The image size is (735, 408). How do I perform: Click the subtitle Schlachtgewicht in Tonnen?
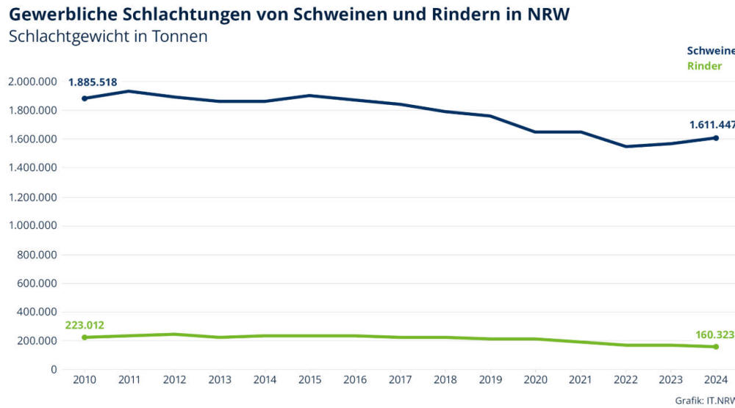(x=108, y=37)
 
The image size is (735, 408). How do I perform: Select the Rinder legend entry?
(x=704, y=66)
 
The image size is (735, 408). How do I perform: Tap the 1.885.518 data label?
(x=93, y=82)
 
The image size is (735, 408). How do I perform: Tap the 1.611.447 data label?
(x=711, y=125)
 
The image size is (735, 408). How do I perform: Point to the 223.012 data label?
(x=85, y=325)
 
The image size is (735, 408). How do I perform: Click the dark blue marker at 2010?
(x=85, y=98)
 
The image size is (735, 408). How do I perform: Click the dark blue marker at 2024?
(x=716, y=138)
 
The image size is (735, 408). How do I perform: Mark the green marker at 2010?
(x=85, y=338)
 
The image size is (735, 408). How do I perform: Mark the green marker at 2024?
(x=716, y=346)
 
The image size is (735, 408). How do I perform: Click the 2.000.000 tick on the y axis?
(x=32, y=82)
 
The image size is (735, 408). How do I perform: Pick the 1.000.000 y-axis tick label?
(x=32, y=226)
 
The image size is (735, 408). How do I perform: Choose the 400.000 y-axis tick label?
(x=37, y=312)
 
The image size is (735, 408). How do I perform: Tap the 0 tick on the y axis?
(x=54, y=369)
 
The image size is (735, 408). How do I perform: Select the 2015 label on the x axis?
(x=310, y=380)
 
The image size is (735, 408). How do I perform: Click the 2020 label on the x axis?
(x=535, y=380)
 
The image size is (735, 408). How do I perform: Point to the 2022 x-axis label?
(x=625, y=380)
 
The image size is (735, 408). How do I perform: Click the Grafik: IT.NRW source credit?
(x=704, y=401)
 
